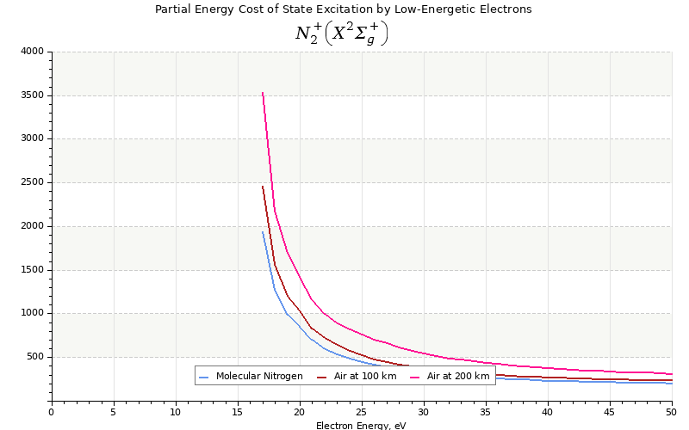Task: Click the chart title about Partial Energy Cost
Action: click(343, 9)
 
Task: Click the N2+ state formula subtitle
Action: click(342, 34)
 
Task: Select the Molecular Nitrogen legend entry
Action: click(258, 376)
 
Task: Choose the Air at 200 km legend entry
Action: click(457, 376)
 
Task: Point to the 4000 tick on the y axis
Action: click(32, 52)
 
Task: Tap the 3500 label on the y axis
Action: click(32, 95)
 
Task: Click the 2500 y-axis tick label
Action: click(32, 182)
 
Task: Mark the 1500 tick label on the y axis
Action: click(32, 270)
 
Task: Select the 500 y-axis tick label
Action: click(34, 357)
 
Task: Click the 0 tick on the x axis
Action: click(51, 411)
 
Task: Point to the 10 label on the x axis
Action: click(176, 411)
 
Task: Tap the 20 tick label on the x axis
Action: click(300, 411)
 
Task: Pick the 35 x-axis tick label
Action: click(486, 411)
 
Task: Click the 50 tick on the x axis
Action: click(671, 411)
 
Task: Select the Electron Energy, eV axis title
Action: click(361, 425)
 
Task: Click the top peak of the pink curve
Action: click(263, 92)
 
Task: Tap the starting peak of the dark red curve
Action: click(263, 186)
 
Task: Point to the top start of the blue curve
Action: click(263, 231)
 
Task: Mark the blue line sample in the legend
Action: click(204, 377)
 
